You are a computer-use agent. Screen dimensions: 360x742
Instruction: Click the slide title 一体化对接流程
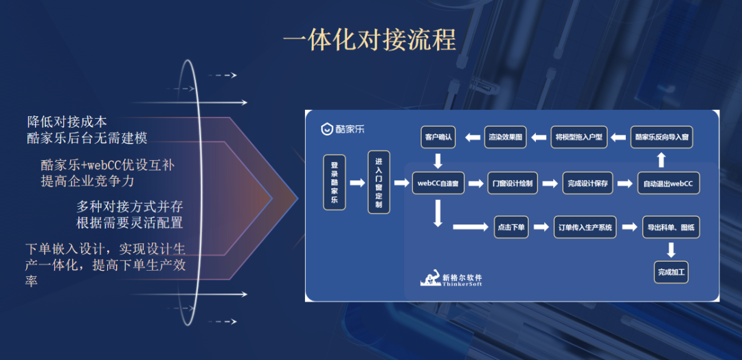(x=370, y=41)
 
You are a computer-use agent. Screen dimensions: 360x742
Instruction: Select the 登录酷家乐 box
(x=335, y=183)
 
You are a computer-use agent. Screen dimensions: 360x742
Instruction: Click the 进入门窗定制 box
(x=379, y=183)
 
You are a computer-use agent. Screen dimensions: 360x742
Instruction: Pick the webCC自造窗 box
(x=438, y=183)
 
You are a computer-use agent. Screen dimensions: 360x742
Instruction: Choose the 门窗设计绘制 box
(x=512, y=183)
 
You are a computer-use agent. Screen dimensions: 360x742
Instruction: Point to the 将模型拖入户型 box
(x=578, y=137)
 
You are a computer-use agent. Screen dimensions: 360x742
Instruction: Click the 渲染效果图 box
(x=506, y=137)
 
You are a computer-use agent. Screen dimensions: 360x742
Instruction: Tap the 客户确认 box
(x=438, y=137)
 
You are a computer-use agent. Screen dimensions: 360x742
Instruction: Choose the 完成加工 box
(x=671, y=272)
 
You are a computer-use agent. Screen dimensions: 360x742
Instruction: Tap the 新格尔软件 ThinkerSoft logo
(x=451, y=279)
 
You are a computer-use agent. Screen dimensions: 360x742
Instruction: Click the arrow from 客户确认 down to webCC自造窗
(x=438, y=161)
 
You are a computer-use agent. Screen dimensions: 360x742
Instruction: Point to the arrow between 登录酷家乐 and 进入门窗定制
(x=357, y=183)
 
